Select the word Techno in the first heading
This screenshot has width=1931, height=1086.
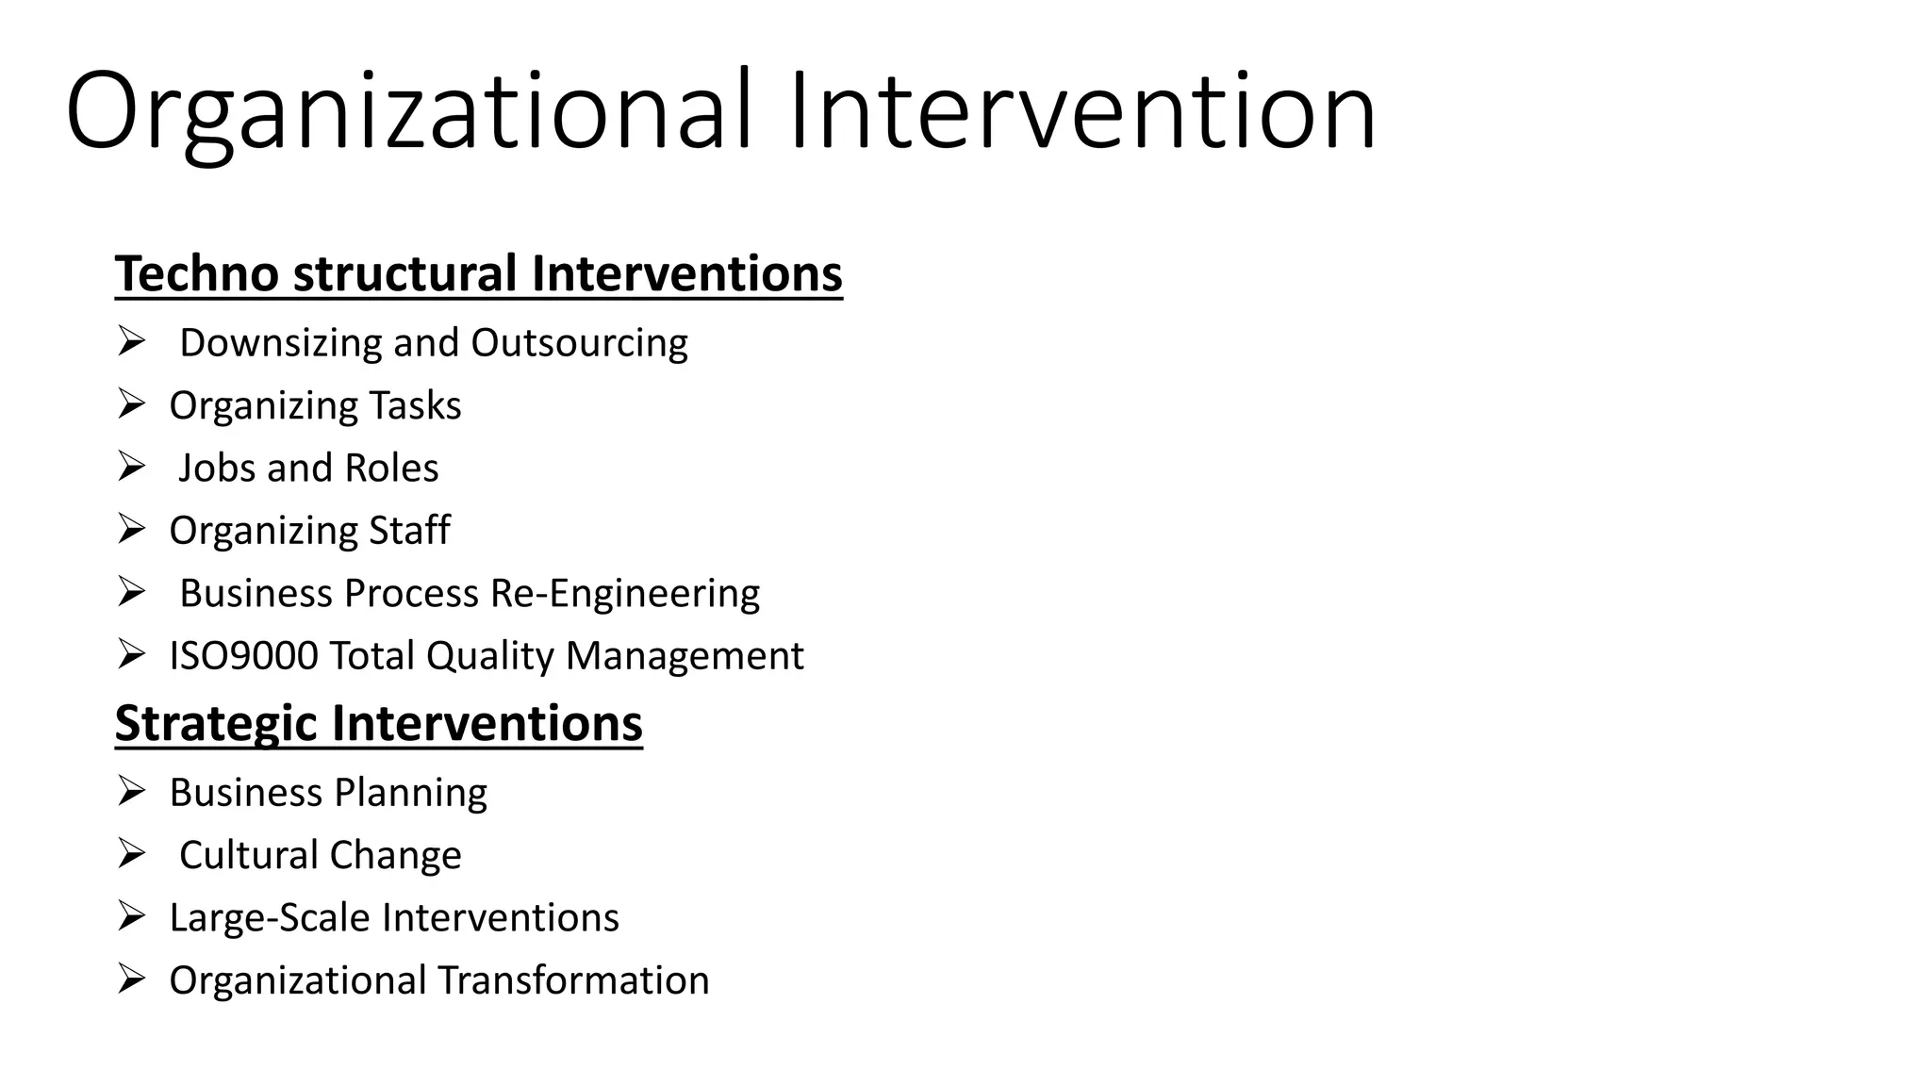tap(197, 274)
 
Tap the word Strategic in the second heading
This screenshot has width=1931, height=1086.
tap(216, 724)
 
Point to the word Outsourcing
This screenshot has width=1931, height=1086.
tap(579, 343)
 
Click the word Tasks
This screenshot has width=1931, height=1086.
tap(415, 406)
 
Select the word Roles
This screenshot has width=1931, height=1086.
tap(391, 469)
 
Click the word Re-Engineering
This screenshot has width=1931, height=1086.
tap(624, 594)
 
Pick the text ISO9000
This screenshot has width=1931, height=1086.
tap(243, 656)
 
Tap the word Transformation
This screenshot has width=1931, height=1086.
tap(573, 980)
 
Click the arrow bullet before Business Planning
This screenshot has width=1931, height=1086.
tap(131, 791)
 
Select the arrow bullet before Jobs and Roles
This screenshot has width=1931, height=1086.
tap(131, 467)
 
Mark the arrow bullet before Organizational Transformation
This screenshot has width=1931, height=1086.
tap(131, 979)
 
